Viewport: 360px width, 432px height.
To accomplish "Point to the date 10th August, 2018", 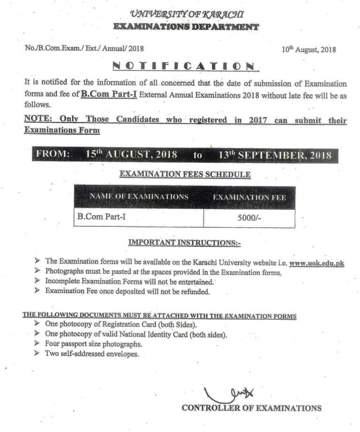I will tap(308, 49).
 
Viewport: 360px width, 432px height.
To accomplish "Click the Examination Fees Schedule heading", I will tap(185, 175).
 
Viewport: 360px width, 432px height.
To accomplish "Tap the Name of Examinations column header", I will tap(139, 196).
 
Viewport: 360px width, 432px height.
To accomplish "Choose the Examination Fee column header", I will tap(249, 197).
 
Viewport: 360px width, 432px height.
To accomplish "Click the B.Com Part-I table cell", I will tap(98, 217).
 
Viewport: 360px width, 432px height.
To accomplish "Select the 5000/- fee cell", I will tap(249, 218).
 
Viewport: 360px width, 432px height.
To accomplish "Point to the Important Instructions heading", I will tap(184, 243).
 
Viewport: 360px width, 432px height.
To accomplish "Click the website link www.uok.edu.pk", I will tap(317, 263).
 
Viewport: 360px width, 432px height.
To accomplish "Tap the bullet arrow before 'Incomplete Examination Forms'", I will tap(37, 281).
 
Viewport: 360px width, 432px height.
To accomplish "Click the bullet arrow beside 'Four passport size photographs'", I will tap(37, 344).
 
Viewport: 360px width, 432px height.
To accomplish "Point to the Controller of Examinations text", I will tap(252, 408).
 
